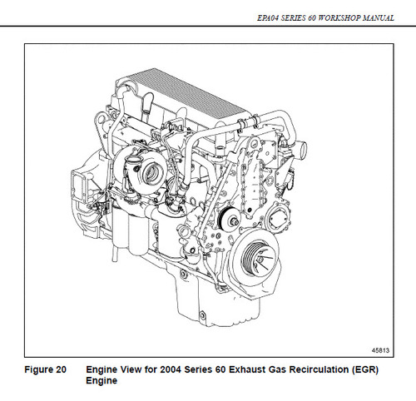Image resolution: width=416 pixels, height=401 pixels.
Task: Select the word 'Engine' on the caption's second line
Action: coord(101,381)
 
